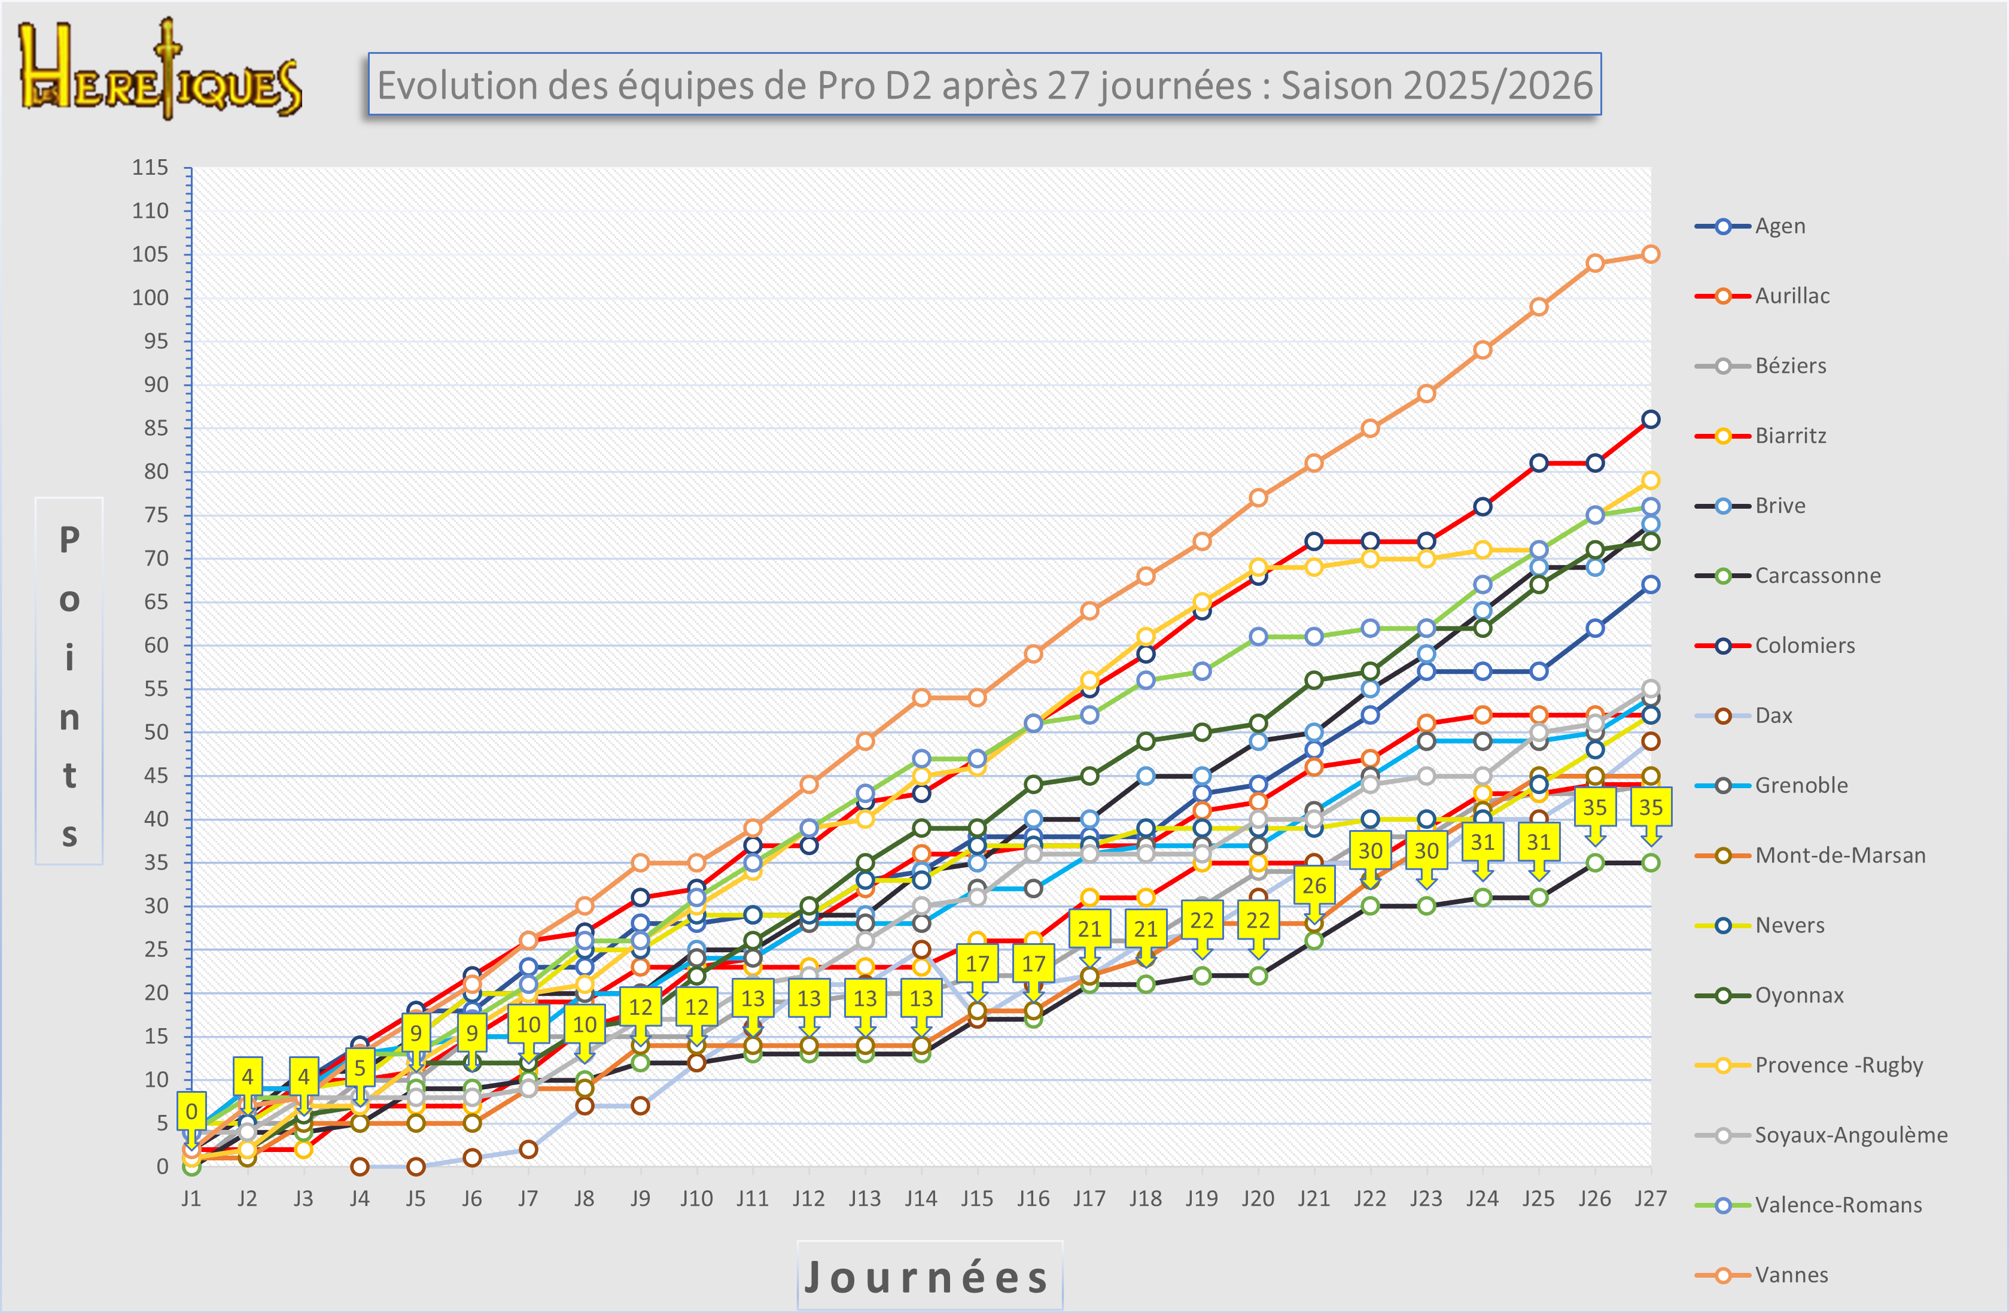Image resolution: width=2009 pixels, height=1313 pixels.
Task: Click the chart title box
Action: click(984, 84)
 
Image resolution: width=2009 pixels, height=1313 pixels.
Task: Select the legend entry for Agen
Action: click(1779, 226)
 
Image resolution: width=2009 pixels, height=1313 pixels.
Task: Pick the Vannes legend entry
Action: click(1791, 1275)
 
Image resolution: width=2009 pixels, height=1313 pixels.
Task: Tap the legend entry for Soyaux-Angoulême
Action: click(1850, 1135)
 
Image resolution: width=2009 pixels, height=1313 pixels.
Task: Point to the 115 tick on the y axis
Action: click(150, 167)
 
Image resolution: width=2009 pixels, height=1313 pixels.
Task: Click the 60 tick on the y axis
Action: click(156, 645)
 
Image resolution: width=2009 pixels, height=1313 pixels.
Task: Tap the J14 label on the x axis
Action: click(920, 1198)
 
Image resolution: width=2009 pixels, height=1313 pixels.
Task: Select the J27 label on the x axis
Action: click(1650, 1198)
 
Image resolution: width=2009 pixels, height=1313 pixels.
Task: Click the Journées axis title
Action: click(929, 1276)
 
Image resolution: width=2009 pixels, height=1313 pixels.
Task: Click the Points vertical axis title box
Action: click(69, 680)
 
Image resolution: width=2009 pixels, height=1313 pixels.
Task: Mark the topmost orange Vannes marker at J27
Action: click(1650, 254)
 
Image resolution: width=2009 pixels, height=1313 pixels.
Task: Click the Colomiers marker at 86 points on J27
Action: click(1650, 420)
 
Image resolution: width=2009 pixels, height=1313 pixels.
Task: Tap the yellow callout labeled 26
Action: click(1313, 885)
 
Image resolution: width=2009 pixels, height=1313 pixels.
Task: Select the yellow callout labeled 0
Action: click(191, 1111)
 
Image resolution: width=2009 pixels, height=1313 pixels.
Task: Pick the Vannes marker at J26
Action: click(1594, 263)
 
